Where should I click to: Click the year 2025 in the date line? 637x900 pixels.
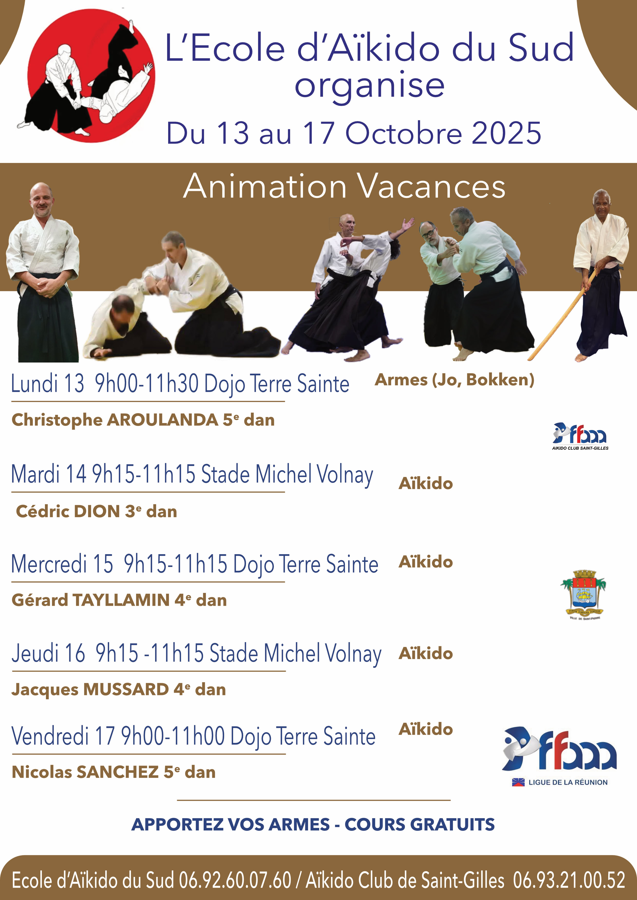506,133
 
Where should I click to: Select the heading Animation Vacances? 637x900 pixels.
344,187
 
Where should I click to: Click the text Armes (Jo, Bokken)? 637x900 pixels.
454,380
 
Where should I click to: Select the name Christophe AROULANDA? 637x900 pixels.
115,420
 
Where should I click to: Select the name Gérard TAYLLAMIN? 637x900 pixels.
91,600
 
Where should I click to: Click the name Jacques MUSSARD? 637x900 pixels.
90,690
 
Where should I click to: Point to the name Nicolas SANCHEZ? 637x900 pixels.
85,772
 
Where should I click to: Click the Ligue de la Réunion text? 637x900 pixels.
568,782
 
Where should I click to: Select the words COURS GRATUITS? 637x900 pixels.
419,824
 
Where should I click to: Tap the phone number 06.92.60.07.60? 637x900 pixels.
235,881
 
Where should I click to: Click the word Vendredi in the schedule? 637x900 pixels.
50,736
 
